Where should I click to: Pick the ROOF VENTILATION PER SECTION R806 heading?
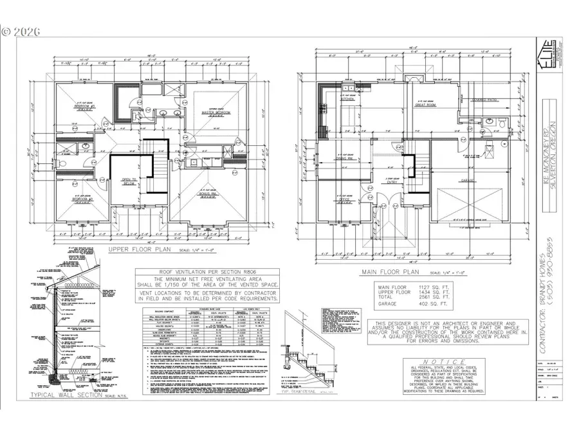tap(198, 272)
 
